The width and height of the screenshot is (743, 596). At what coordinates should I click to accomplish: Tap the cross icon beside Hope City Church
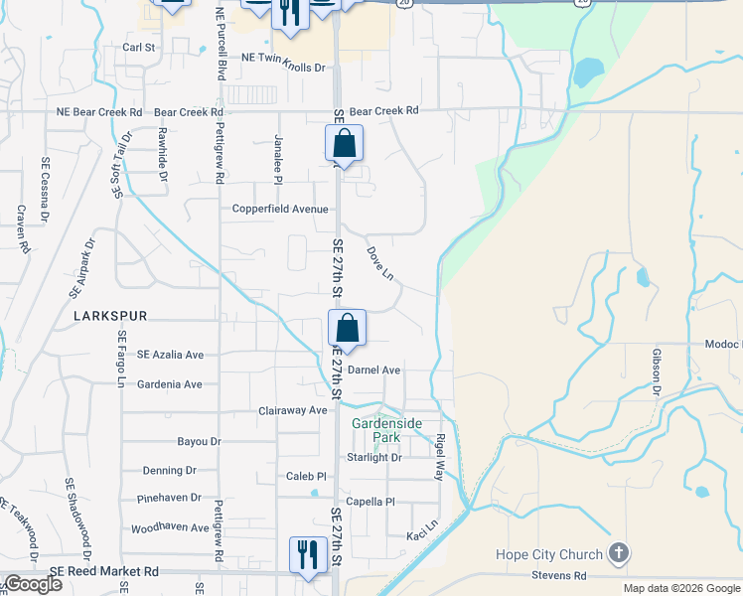618,552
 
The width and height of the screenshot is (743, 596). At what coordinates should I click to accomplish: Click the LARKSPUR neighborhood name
110,316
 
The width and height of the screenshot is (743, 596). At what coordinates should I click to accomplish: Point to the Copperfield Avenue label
280,210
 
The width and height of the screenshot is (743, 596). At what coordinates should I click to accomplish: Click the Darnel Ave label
373,371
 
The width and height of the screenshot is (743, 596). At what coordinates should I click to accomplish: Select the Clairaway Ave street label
292,410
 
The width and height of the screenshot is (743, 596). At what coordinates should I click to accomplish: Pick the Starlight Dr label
374,458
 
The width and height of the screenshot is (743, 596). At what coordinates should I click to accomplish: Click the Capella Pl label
371,502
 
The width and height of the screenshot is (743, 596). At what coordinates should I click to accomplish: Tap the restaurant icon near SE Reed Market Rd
307,553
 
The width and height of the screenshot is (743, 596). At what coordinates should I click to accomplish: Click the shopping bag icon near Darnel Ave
347,327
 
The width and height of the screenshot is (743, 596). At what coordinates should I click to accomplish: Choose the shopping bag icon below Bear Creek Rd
344,142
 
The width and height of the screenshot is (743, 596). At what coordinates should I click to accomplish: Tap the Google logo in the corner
33,584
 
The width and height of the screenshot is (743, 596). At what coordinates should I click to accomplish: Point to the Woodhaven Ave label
170,528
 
